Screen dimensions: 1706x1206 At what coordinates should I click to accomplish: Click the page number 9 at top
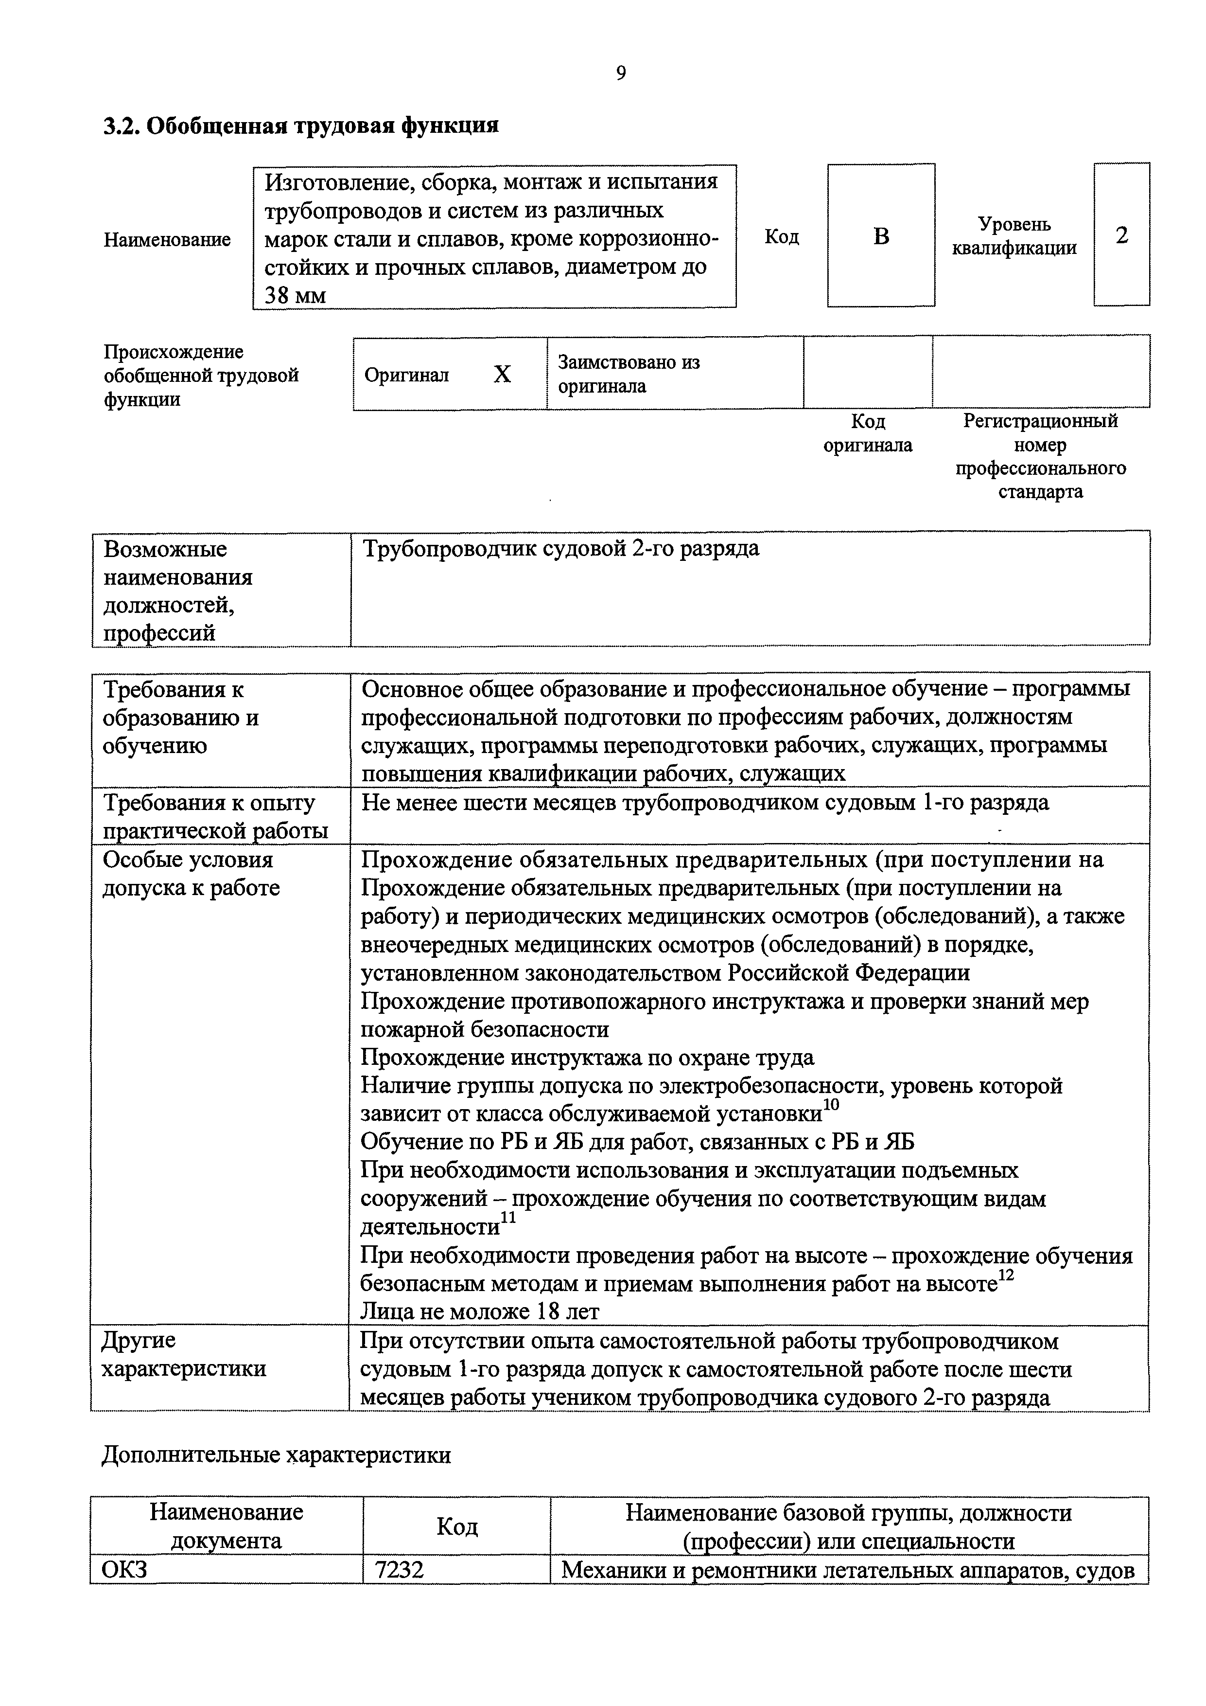[621, 73]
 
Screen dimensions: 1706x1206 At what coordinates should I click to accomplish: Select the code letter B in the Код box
[881, 236]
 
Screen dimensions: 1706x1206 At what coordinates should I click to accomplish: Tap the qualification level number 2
[1121, 235]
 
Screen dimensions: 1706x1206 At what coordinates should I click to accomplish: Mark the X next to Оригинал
[502, 374]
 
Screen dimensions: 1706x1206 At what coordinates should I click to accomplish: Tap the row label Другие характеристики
[183, 1354]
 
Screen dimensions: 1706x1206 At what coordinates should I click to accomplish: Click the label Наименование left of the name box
[167, 239]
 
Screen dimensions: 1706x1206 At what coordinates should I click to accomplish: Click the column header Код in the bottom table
[457, 1526]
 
